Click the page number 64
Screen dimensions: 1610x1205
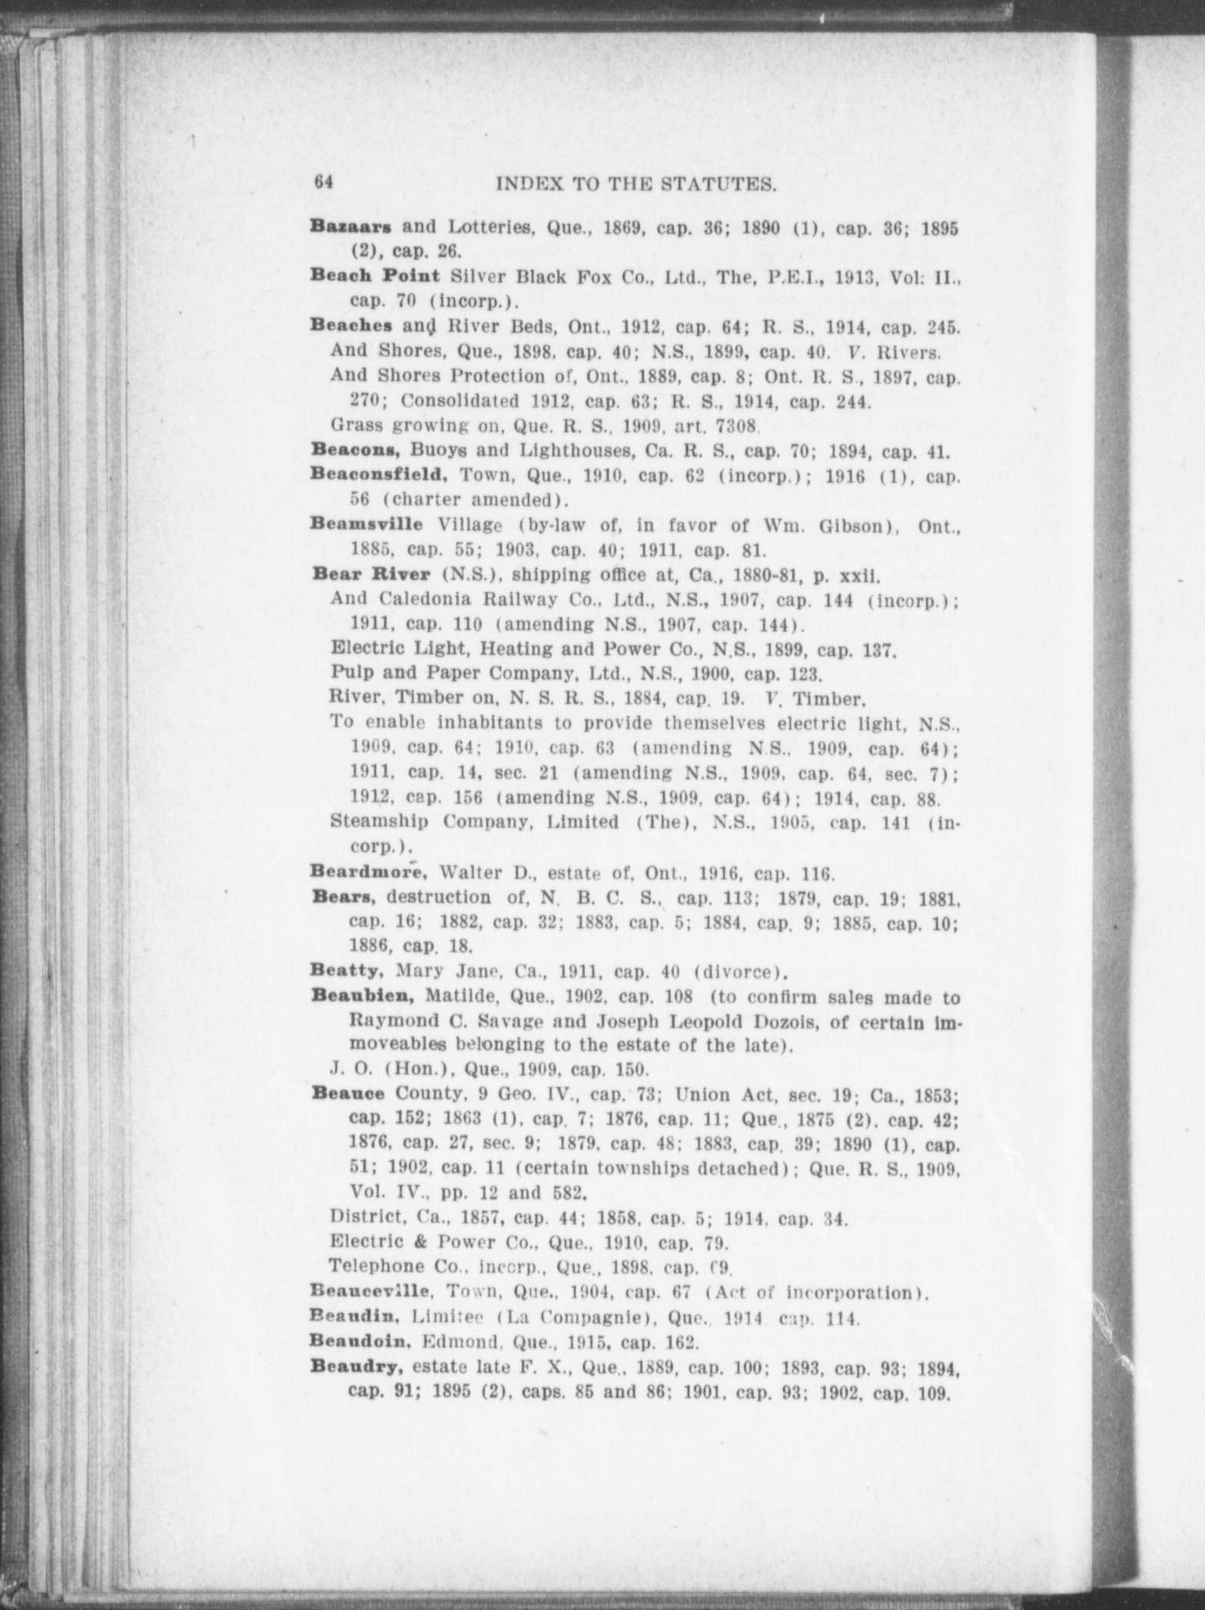[x=322, y=182]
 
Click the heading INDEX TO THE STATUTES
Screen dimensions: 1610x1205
[x=635, y=184]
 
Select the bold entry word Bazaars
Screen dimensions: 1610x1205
[x=351, y=227]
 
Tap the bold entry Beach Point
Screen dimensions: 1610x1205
[x=374, y=276]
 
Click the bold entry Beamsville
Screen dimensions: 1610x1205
[x=366, y=525]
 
